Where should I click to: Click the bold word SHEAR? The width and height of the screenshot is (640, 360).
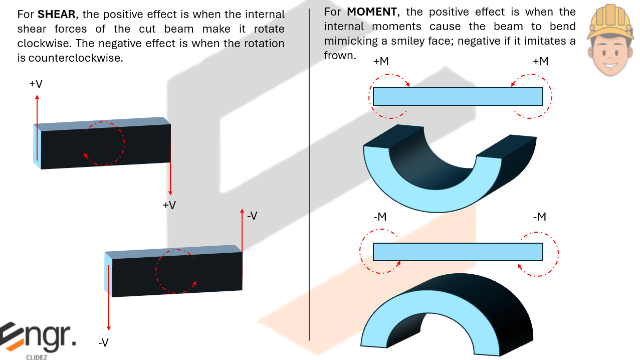click(x=56, y=15)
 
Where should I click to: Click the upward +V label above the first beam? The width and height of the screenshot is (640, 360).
click(x=36, y=84)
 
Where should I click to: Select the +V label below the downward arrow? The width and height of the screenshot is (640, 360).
click(x=169, y=205)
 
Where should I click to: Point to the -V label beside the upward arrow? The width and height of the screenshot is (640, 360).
click(x=252, y=216)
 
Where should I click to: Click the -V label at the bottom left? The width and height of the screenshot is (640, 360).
click(x=103, y=343)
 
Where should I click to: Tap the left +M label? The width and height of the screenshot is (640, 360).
click(x=381, y=61)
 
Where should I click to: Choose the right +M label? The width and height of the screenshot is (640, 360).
click(x=540, y=61)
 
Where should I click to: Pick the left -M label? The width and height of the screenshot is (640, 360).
click(x=380, y=217)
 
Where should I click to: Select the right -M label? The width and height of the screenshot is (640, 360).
click(x=539, y=217)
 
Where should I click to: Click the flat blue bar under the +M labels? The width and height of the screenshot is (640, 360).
click(x=458, y=96)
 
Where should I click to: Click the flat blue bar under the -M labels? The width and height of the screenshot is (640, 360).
click(x=458, y=252)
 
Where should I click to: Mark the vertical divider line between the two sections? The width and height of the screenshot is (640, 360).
click(x=309, y=175)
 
